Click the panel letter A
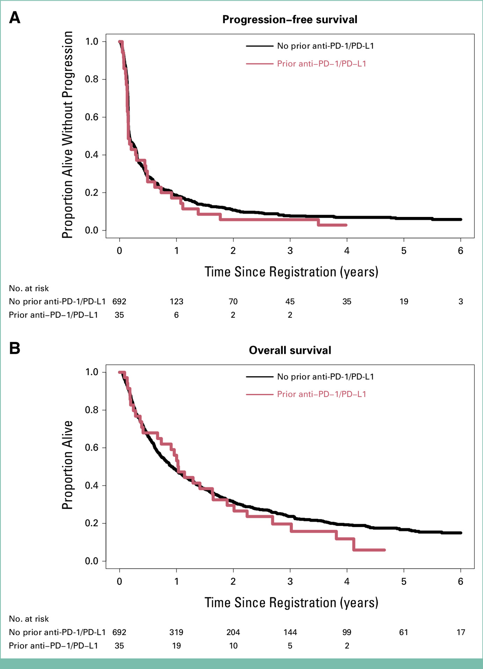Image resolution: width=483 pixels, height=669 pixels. pos(15,17)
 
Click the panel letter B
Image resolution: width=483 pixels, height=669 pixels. pos(15,348)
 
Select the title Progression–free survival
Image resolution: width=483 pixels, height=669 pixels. pos(290,20)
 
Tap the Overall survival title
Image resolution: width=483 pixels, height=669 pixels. pos(290,350)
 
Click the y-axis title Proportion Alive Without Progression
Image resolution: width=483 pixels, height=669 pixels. pos(67,135)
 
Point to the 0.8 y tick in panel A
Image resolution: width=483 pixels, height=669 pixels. pos(92,79)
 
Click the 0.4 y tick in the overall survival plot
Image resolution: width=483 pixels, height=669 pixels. pos(92,486)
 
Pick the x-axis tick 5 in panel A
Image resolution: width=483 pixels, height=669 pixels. pos(404,251)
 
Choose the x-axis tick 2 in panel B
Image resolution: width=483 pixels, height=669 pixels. pos(233,581)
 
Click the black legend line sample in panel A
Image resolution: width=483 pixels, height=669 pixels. pos(259,46)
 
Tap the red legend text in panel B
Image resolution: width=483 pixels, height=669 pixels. pos(322,394)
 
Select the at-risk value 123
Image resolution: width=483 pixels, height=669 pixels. pos(176,302)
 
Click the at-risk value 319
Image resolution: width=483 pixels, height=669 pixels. pos(176,632)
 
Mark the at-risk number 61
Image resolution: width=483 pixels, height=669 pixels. pos(404,632)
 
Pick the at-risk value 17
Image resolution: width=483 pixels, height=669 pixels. pos(461,632)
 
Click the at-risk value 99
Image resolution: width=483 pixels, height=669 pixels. pos(347,632)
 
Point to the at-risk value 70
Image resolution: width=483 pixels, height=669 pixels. pos(233,302)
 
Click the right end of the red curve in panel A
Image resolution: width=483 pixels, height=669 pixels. pos(346,225)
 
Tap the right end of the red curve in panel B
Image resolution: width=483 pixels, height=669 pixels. pos(384,550)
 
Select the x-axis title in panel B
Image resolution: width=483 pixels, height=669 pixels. pos(291,603)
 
